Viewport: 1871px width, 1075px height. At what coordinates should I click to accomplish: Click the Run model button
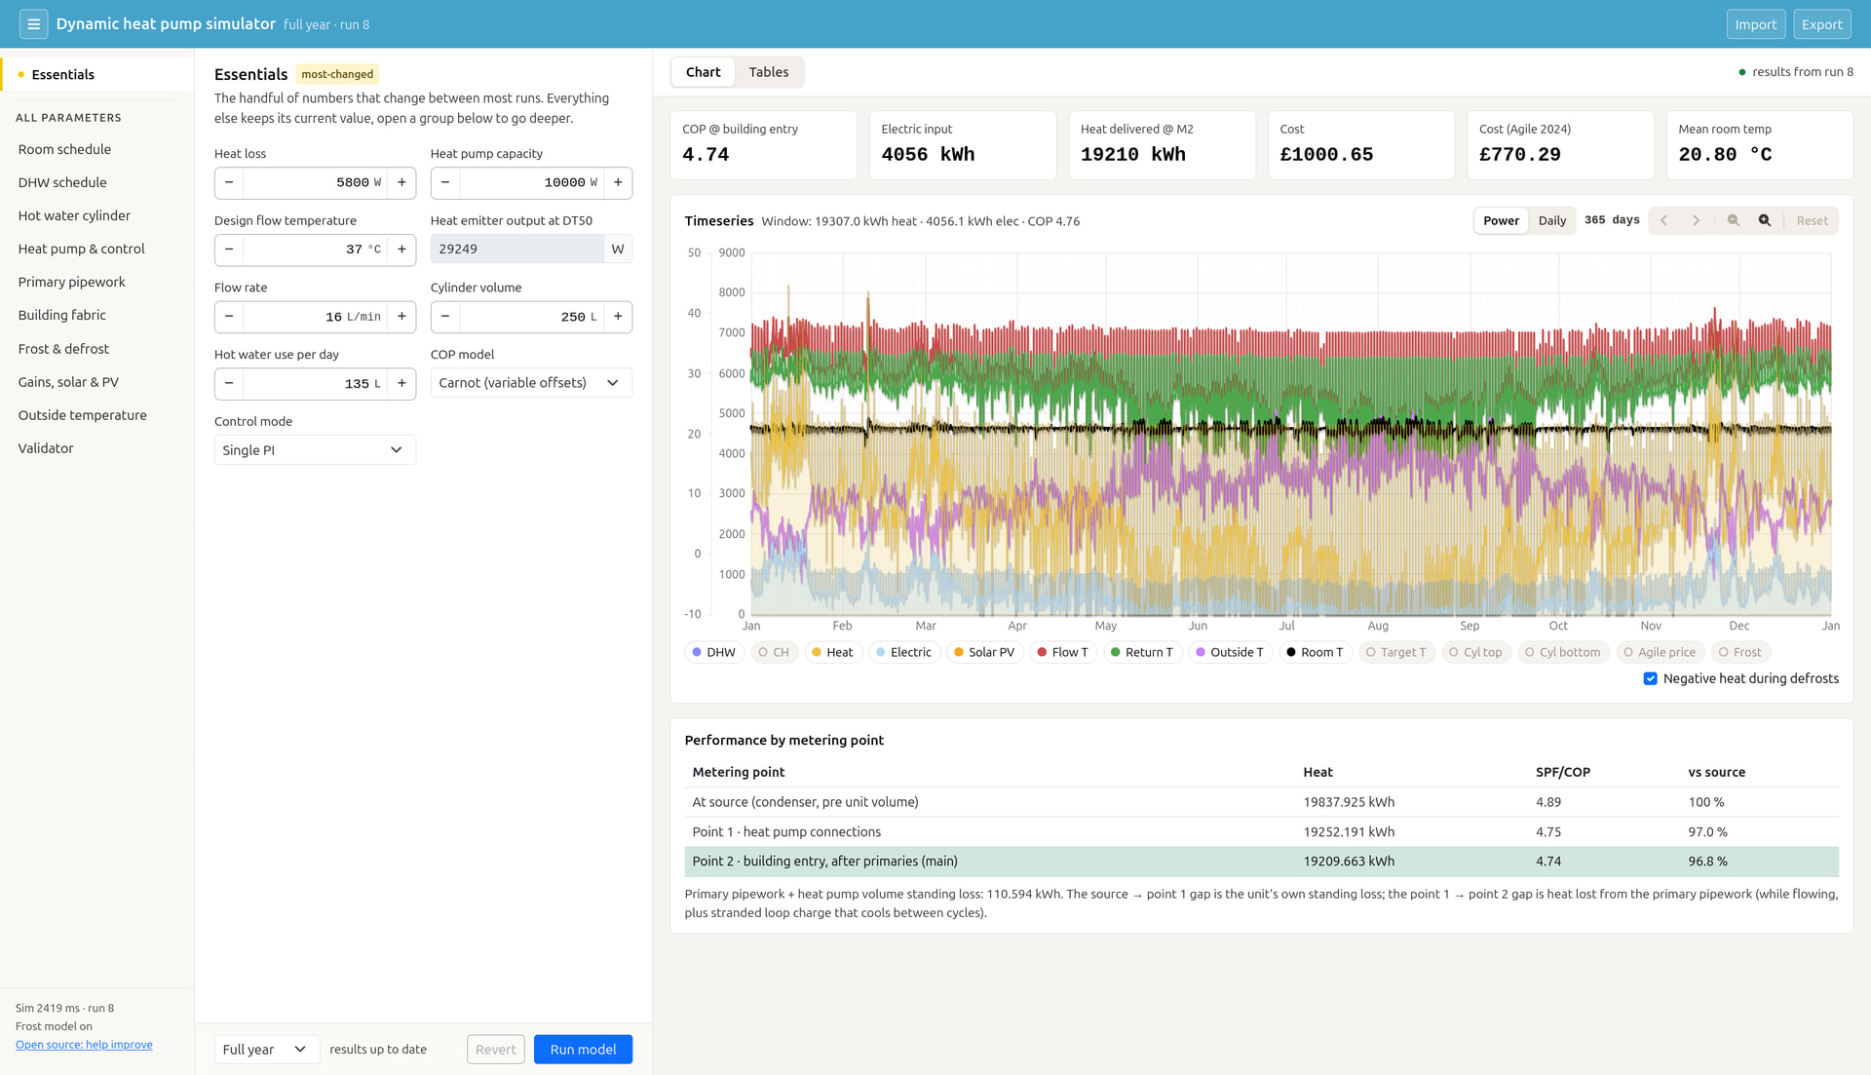[x=583, y=1049]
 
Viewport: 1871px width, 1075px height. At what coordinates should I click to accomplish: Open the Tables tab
[x=769, y=72]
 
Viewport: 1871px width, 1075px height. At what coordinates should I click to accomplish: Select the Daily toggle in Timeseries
[x=1551, y=220]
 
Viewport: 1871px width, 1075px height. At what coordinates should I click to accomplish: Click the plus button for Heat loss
[x=401, y=182]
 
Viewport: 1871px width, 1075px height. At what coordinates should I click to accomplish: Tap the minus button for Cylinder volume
[x=445, y=317]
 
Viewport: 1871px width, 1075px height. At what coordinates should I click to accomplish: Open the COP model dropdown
[x=531, y=383]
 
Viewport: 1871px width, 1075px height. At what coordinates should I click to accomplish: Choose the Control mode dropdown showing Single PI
[x=315, y=450]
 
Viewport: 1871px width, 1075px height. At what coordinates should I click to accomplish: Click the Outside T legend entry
[x=1230, y=652]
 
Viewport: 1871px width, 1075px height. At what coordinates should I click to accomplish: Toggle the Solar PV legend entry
[x=984, y=652]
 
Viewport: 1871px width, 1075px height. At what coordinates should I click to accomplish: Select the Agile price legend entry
[x=1659, y=652]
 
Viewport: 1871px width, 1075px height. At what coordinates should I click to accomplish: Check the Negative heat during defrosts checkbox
[x=1650, y=678]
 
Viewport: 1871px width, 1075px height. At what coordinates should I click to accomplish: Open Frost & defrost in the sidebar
[x=63, y=349]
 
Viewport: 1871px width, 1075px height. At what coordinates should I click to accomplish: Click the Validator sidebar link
[x=46, y=448]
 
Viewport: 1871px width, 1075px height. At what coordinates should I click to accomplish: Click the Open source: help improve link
[x=84, y=1045]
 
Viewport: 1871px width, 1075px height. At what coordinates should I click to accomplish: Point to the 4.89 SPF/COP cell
[x=1548, y=802]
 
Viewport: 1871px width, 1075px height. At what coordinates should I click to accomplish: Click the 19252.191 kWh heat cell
[x=1349, y=832]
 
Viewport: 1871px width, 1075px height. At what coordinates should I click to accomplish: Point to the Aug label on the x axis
[x=1378, y=626]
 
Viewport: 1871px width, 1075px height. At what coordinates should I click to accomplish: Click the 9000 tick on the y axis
[x=732, y=252]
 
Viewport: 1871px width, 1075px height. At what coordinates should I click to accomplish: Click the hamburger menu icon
[x=33, y=24]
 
